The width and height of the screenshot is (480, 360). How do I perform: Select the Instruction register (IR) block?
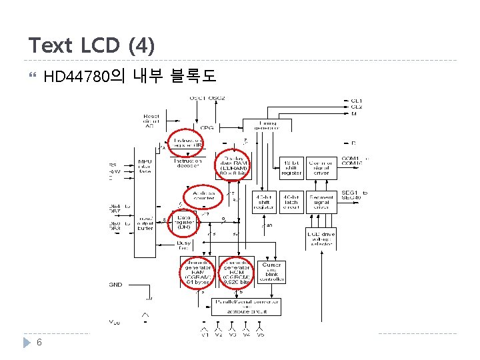click(x=188, y=143)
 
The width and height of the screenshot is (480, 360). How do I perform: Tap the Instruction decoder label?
click(x=188, y=164)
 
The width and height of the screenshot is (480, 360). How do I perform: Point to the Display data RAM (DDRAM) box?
click(x=233, y=168)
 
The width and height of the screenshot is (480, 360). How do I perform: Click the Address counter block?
click(x=203, y=195)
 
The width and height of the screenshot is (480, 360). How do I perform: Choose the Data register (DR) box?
click(x=184, y=222)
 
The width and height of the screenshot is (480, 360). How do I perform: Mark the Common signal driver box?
click(x=321, y=167)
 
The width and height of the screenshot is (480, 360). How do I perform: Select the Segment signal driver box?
click(x=321, y=202)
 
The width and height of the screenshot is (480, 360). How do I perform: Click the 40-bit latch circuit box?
click(x=291, y=202)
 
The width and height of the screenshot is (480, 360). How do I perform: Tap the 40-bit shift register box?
click(x=264, y=202)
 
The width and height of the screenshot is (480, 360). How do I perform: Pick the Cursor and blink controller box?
click(x=271, y=272)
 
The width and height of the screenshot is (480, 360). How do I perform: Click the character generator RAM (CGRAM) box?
click(x=196, y=272)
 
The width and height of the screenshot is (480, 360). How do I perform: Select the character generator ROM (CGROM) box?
click(x=235, y=272)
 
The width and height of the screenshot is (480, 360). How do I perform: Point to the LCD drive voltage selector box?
click(x=321, y=239)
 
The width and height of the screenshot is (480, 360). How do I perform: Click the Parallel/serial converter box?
click(x=246, y=307)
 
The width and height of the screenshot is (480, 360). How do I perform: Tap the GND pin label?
click(x=117, y=285)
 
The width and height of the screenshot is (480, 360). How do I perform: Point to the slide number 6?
click(x=40, y=342)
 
